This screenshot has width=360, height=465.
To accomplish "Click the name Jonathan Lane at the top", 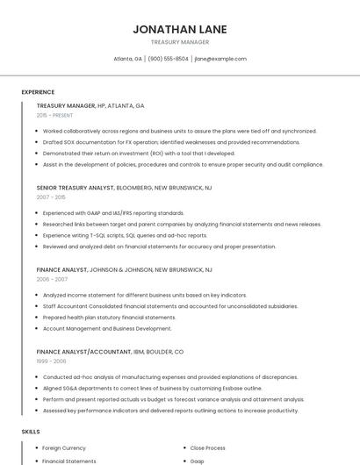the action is point(180,29).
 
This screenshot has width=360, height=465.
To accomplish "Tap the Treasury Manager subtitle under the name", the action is point(180,42).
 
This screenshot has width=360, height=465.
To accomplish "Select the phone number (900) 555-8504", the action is point(168,59).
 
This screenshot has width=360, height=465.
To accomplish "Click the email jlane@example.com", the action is point(220,59).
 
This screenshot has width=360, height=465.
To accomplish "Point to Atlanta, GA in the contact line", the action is point(128,59).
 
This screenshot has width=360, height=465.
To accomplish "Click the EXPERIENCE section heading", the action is point(38,92).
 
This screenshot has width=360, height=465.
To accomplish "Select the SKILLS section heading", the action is point(31,432).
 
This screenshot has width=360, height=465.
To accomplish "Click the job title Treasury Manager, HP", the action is point(90,105).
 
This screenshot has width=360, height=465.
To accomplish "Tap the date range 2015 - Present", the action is point(54,115).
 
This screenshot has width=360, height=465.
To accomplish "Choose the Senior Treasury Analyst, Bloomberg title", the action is point(124,188).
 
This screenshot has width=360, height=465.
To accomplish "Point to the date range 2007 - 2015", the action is point(51,197).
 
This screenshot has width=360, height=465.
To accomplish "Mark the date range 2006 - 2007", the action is point(52,279).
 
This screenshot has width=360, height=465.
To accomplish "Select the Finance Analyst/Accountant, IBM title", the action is point(110,352).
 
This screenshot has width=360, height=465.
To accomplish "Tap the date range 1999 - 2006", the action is point(51,361).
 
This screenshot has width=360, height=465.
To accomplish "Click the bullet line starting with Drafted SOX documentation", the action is point(171,142).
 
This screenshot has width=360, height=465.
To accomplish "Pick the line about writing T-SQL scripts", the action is point(125,235).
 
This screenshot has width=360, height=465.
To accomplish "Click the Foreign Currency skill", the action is point(64,447).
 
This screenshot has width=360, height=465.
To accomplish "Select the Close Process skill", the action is point(208,447).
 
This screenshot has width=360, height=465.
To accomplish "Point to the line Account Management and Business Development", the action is point(107,328).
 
